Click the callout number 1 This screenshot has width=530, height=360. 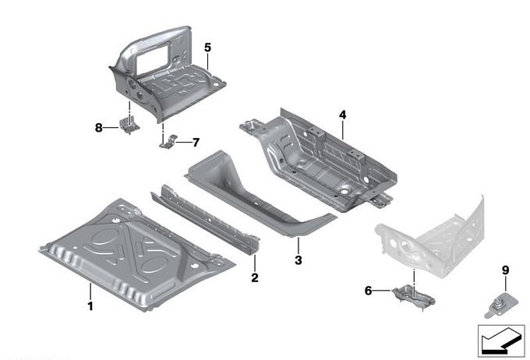click(90, 306)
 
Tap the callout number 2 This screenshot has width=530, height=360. click(254, 277)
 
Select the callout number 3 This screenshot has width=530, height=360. click(298, 259)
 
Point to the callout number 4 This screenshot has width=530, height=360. click(342, 115)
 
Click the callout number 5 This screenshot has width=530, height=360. click(207, 48)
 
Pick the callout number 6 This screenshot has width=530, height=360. click(369, 291)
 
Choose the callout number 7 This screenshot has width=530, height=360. click(196, 142)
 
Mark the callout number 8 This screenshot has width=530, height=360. click(99, 127)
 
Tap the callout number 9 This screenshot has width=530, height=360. click(505, 270)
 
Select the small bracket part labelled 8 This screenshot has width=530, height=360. click(128, 125)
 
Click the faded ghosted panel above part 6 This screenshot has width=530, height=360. click(433, 234)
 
